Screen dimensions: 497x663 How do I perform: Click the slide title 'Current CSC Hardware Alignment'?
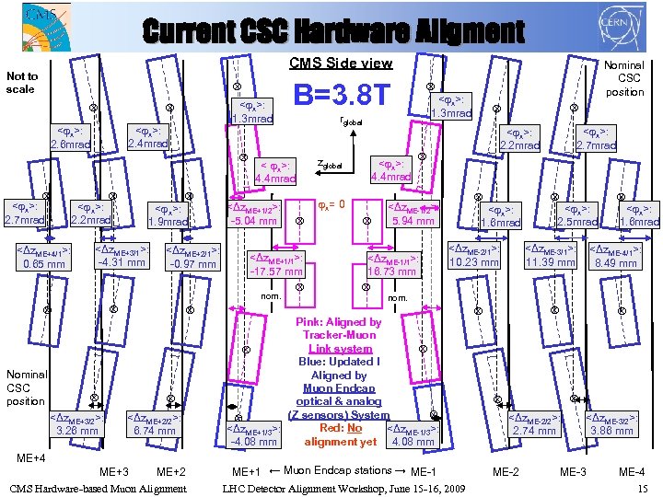332,31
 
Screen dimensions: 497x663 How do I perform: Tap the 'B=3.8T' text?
342,93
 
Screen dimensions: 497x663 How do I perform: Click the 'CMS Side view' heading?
341,64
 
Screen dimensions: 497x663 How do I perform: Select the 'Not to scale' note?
22,83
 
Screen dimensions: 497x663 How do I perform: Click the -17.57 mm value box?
276,265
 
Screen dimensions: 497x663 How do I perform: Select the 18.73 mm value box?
392,265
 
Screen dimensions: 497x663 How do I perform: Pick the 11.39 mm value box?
550,256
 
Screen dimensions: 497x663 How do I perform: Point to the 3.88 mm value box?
611,424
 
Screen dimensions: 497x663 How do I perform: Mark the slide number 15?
643,488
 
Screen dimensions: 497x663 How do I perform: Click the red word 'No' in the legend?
354,428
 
